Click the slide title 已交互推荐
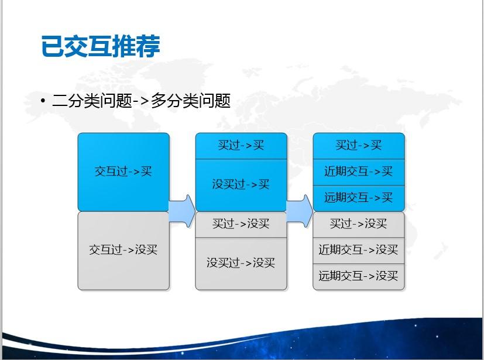(101, 46)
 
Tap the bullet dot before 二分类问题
(43, 101)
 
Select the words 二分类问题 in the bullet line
(92, 101)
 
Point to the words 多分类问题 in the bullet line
(191, 101)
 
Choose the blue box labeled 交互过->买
(123, 172)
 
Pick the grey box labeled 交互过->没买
(123, 251)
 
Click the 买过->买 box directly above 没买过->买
(241, 146)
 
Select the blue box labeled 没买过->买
(241, 185)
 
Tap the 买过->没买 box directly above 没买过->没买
(241, 225)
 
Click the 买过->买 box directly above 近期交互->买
(359, 146)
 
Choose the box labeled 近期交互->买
(359, 172)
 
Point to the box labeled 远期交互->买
(359, 198)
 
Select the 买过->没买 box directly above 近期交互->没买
(359, 225)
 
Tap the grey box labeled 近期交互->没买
(359, 251)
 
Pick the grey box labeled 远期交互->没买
(359, 277)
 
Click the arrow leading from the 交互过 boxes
(182, 211)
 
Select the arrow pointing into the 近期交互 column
(300, 211)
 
